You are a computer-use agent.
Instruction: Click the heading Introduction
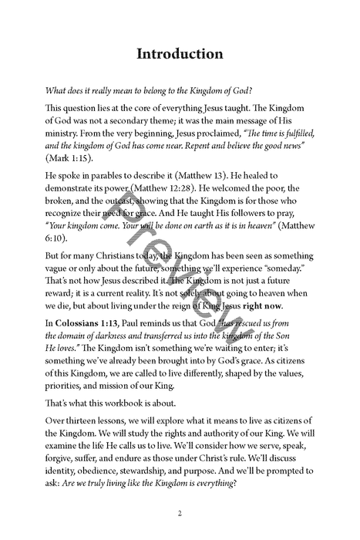[180, 54]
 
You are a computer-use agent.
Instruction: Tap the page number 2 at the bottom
[180, 513]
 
